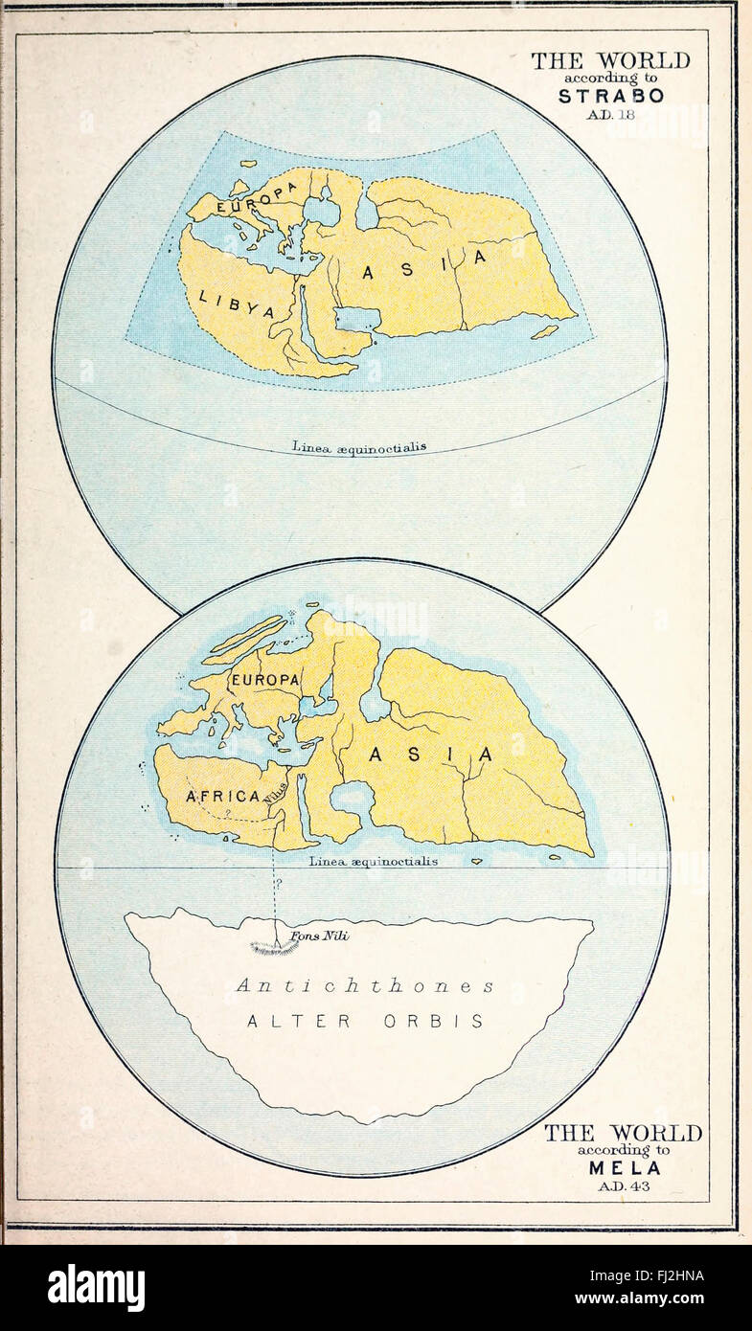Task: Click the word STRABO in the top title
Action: point(611,96)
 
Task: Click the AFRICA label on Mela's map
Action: point(222,796)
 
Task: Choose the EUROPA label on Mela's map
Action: point(264,679)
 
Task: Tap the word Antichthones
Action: point(365,985)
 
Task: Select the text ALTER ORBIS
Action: point(365,1021)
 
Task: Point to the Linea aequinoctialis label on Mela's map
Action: point(374,861)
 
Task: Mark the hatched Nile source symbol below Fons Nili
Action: point(275,948)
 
